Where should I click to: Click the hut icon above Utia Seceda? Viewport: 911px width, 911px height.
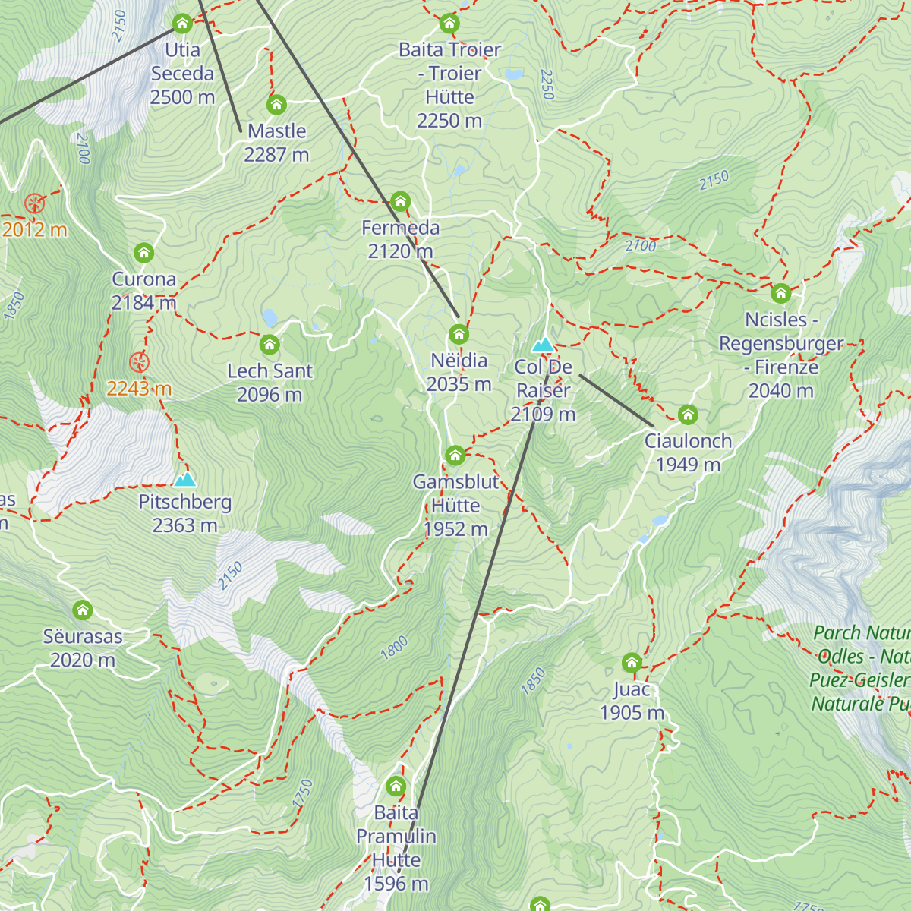click(182, 24)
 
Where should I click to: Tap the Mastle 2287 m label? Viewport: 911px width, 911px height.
click(276, 143)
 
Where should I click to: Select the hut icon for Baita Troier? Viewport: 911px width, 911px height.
click(449, 24)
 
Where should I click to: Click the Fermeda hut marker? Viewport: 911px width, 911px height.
click(400, 202)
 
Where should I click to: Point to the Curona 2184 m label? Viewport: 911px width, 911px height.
click(143, 291)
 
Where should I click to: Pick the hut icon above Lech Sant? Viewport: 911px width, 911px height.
click(270, 345)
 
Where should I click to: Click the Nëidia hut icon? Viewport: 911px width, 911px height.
click(459, 335)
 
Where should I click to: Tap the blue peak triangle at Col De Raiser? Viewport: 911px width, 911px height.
click(543, 345)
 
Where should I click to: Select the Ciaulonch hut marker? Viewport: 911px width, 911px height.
click(688, 415)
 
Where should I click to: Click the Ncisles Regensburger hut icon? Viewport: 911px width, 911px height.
click(781, 294)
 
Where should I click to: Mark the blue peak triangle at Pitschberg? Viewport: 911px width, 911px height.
click(185, 480)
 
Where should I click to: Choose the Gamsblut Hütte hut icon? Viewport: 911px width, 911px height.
click(455, 455)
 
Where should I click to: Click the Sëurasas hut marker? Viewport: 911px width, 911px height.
click(83, 610)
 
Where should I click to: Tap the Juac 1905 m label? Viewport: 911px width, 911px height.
click(632, 701)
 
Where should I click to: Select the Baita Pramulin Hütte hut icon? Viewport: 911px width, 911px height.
click(396, 786)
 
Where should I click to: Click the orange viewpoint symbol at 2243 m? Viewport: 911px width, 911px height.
click(139, 362)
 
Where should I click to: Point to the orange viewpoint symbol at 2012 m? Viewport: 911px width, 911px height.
click(35, 203)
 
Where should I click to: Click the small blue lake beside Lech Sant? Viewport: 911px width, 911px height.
click(270, 317)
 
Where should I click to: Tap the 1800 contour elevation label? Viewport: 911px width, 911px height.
click(394, 648)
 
